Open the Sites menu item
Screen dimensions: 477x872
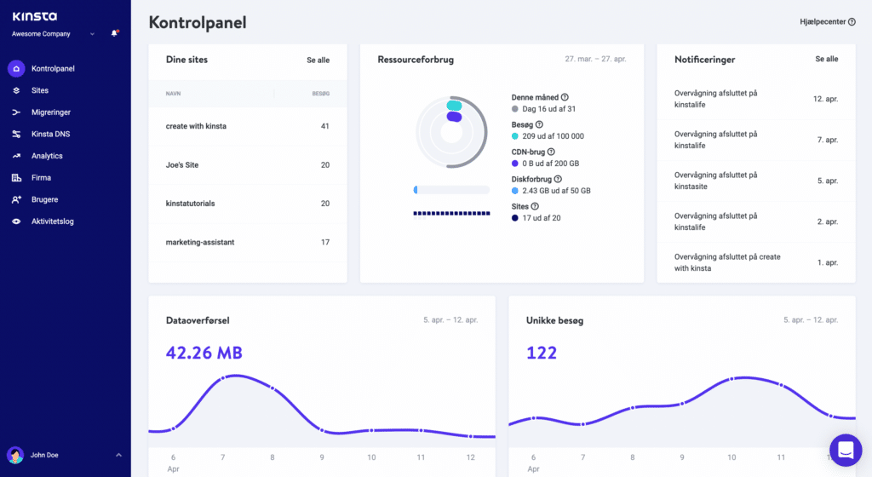click(x=40, y=90)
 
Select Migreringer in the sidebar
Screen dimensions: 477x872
click(x=50, y=112)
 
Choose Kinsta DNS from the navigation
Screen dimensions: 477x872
click(x=50, y=134)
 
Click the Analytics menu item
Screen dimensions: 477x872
click(x=47, y=156)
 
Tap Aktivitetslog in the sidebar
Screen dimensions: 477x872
click(x=52, y=221)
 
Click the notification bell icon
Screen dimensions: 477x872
click(x=114, y=34)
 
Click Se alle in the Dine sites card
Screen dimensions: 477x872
click(x=318, y=60)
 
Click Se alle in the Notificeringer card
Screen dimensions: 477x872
click(x=826, y=60)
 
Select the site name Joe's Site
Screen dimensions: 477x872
click(x=182, y=165)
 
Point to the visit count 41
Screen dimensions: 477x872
click(x=324, y=126)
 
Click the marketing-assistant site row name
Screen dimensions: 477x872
click(x=200, y=243)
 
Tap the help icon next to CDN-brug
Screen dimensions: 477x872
click(x=551, y=152)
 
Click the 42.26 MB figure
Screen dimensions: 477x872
click(x=204, y=353)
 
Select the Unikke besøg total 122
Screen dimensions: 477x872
click(x=542, y=353)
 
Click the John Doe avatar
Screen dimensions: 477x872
click(x=15, y=455)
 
